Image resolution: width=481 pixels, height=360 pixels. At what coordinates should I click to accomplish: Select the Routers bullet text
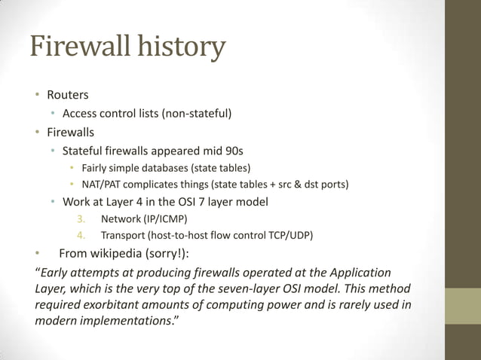(68, 95)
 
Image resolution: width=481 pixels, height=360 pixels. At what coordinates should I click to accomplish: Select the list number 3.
(81, 219)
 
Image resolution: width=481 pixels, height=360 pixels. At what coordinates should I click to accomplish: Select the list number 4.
(81, 235)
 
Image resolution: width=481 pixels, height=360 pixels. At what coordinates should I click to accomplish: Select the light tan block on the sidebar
(463, 308)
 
